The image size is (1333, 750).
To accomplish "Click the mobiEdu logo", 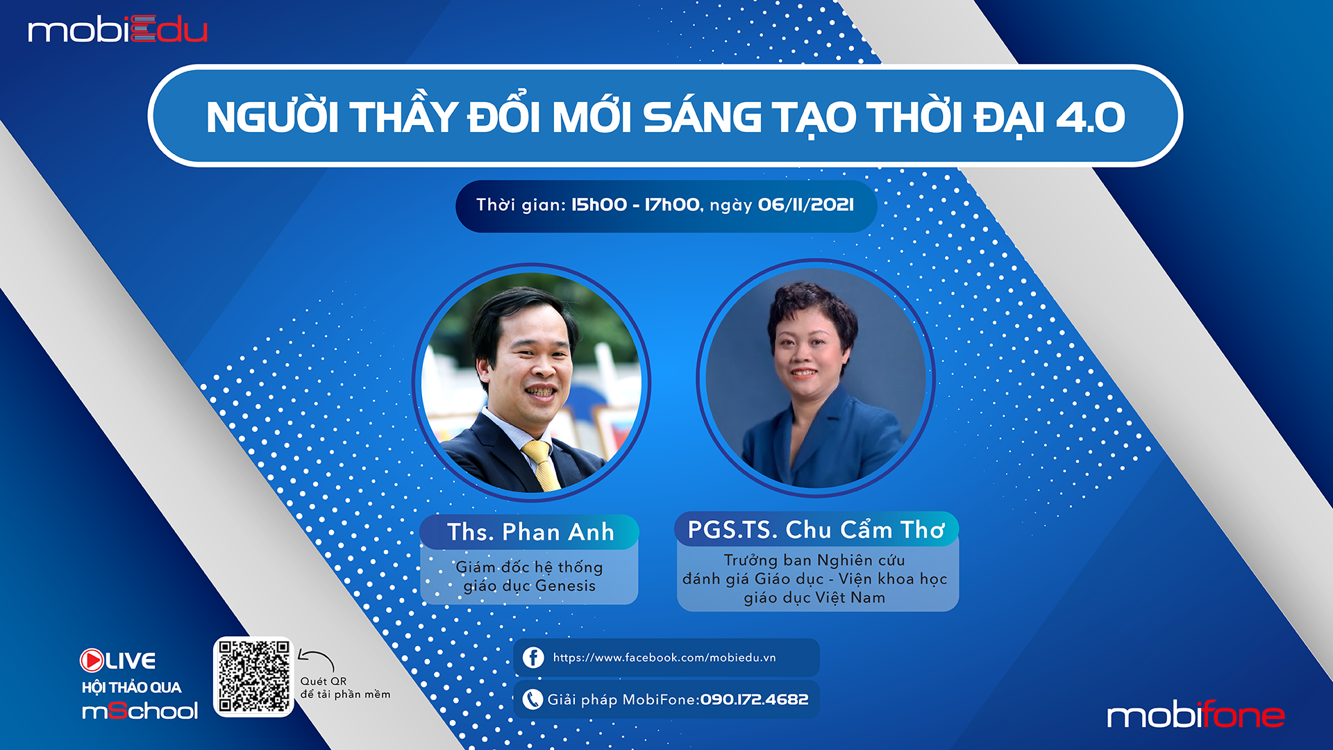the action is click(x=117, y=30).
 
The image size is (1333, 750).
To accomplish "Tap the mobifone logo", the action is click(x=1196, y=715).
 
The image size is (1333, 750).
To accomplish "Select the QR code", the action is click(x=253, y=676).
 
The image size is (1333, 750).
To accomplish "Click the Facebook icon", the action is click(x=533, y=657).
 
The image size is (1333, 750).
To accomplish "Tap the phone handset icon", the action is click(x=533, y=699).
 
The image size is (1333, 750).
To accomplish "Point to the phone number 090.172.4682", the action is click(x=754, y=699).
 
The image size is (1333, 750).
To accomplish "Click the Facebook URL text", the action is click(x=664, y=658).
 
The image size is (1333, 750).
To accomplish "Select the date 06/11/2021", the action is click(x=806, y=205).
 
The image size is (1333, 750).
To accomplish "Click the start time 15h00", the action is click(x=598, y=205).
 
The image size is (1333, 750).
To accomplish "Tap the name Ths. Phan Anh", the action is click(x=530, y=532).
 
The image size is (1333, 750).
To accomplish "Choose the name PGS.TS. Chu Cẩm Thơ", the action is click(x=816, y=530).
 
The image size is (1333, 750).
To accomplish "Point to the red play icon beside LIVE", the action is click(x=92, y=660).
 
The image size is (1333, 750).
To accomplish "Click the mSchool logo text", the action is click(x=140, y=710).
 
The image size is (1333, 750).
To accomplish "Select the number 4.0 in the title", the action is click(x=1090, y=117).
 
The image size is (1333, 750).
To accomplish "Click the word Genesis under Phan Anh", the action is click(x=566, y=586).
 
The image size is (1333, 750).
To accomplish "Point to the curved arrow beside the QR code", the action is click(x=317, y=658).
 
